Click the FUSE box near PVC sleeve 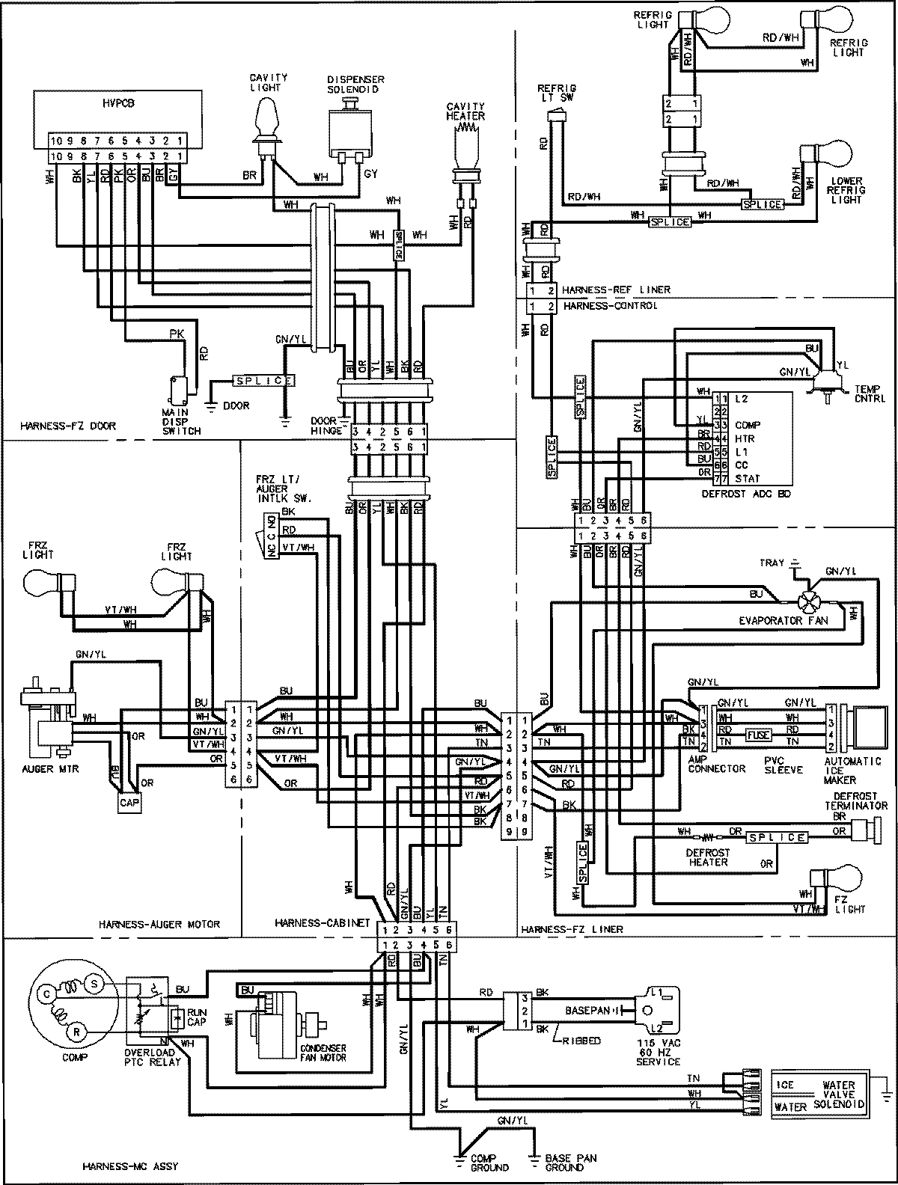point(759,735)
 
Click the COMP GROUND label point(489,1163)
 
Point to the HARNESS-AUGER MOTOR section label point(159,925)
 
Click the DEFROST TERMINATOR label point(845,801)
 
